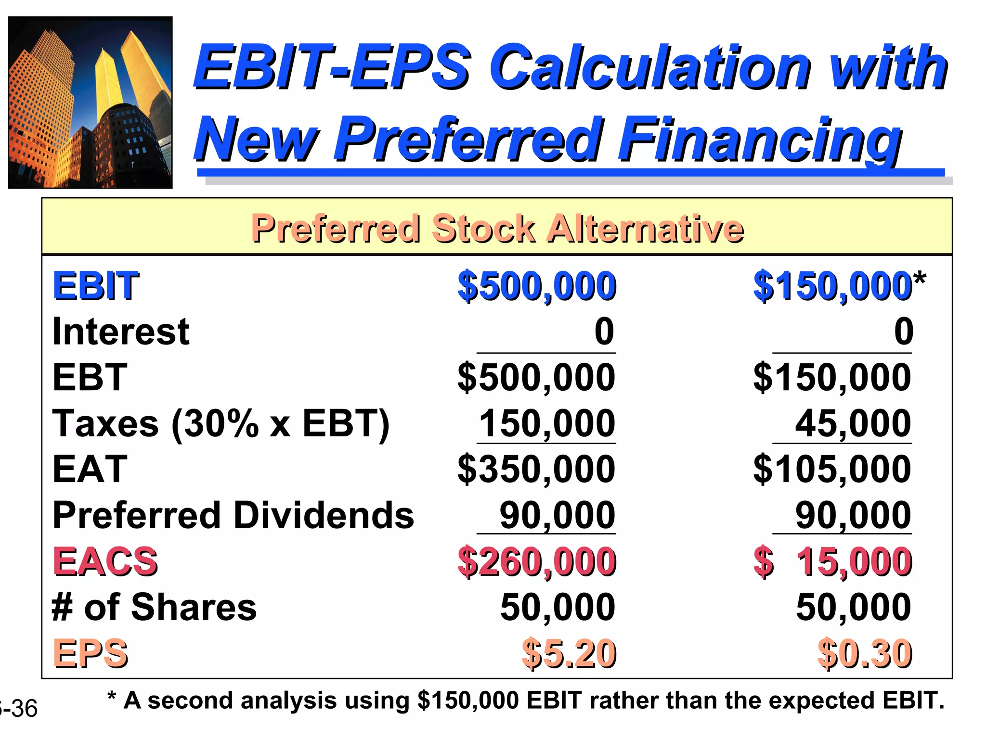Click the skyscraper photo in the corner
click(91, 102)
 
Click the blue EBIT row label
click(96, 286)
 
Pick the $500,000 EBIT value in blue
click(536, 286)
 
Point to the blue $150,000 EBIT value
click(832, 286)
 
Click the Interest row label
click(121, 331)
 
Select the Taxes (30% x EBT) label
click(221, 424)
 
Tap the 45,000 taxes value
click(853, 424)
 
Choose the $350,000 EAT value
click(536, 470)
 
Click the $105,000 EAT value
click(832, 470)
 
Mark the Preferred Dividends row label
click(233, 515)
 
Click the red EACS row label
click(105, 561)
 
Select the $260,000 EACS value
click(536, 561)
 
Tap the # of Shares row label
click(154, 607)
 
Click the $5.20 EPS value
click(569, 653)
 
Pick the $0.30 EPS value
click(865, 653)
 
